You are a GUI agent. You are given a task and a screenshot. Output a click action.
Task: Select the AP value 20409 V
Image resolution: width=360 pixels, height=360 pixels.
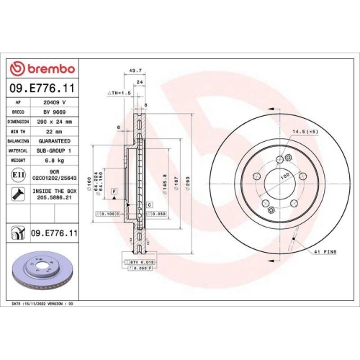pyautogui.click(x=53, y=104)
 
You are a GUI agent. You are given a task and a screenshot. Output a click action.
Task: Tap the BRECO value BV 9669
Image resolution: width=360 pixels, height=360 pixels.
pyautogui.click(x=53, y=113)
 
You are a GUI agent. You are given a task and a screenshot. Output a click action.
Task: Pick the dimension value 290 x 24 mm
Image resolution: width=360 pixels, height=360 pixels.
pyautogui.click(x=53, y=122)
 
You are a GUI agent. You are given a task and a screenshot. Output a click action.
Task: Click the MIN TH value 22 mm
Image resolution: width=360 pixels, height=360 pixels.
pyautogui.click(x=53, y=132)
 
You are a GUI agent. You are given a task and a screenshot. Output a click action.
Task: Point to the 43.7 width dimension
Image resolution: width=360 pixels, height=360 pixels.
pyautogui.click(x=134, y=71)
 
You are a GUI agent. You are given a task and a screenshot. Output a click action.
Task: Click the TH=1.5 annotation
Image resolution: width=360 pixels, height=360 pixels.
pyautogui.click(x=118, y=94)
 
